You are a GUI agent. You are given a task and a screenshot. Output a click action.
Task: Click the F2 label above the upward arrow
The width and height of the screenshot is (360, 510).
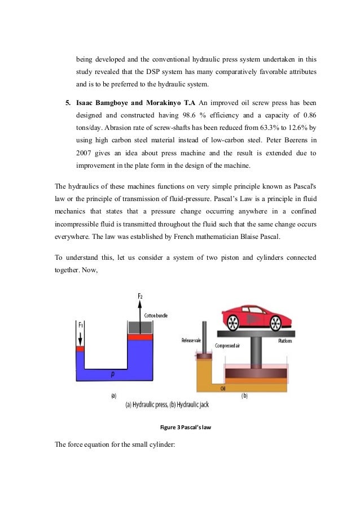(x=139, y=296)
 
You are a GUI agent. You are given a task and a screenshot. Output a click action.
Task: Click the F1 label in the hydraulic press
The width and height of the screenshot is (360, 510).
(x=81, y=325)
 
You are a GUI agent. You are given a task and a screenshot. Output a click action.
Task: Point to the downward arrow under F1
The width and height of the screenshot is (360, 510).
(x=81, y=337)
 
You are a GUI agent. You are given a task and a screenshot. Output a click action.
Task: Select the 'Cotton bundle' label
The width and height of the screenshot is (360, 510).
(x=156, y=315)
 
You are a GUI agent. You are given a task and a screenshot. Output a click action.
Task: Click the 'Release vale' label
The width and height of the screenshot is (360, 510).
(x=191, y=340)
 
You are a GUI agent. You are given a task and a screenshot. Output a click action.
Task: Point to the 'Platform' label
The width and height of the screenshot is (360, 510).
(x=285, y=341)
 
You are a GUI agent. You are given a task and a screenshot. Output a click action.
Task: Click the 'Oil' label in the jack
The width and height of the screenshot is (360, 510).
(x=223, y=387)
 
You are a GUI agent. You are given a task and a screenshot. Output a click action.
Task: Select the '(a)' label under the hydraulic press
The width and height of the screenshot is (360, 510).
(x=113, y=396)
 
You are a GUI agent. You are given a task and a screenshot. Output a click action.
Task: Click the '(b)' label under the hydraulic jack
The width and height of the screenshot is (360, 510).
(x=244, y=396)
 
